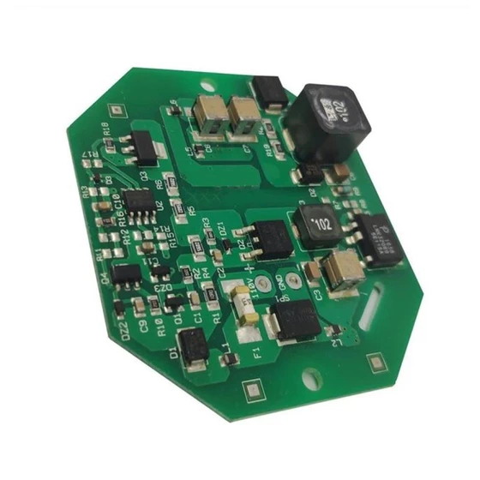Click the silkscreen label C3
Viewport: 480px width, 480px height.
(318, 295)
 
